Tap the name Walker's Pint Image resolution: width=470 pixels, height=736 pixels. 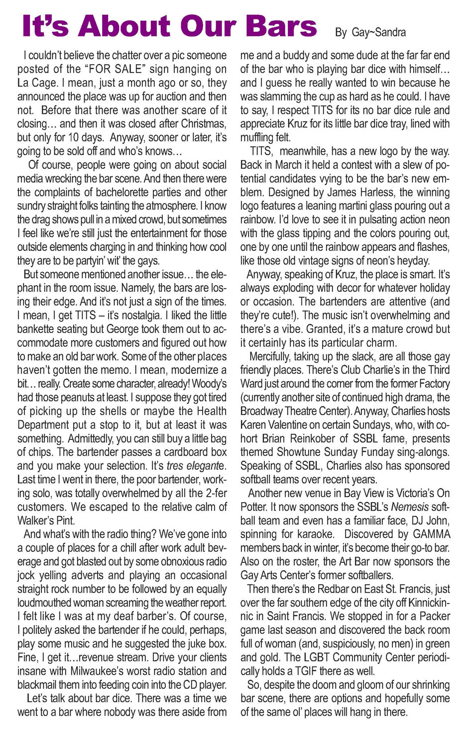coord(46,521)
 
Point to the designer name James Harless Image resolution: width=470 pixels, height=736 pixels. coord(360,192)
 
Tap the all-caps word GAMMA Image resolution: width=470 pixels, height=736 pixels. coord(431,534)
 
